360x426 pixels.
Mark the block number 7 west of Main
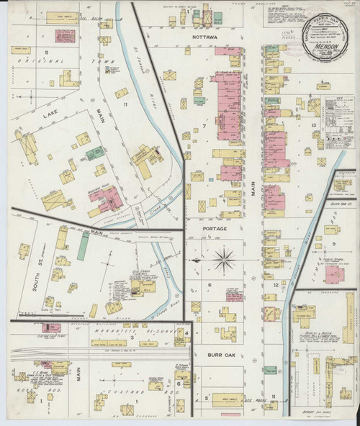pos(204,127)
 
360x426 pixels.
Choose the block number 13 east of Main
pos(314,126)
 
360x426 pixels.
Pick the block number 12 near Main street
pos(275,286)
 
